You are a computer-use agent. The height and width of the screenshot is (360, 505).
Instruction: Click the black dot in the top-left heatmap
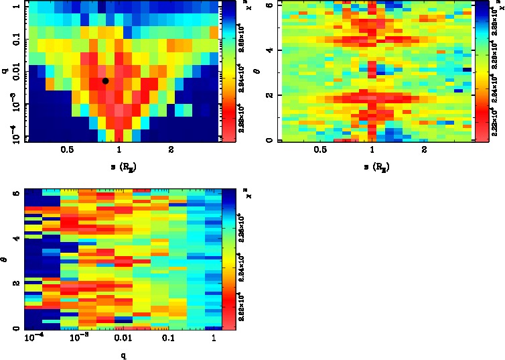(105, 80)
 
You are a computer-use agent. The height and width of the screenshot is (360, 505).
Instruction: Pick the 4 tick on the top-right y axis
(268, 50)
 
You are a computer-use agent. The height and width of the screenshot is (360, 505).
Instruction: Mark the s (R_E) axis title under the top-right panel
(372, 167)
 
